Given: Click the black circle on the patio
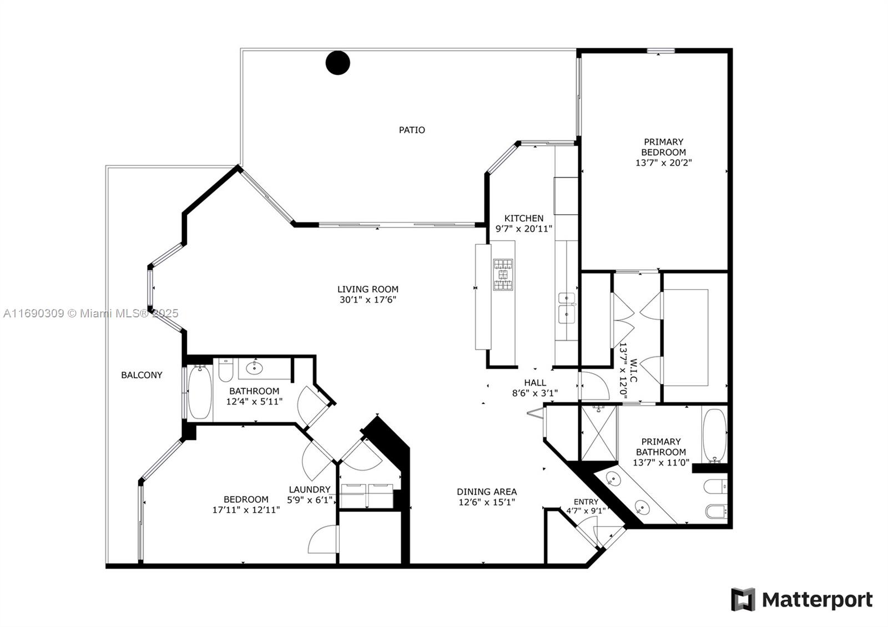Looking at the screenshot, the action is coord(338,63).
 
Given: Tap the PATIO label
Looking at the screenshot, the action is coord(412,130).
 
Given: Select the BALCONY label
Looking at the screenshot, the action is coord(142,375).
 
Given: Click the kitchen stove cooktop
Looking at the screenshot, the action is coord(503,274).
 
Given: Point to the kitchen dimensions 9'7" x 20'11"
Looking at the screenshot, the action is coord(524,229).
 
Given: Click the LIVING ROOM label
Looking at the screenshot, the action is coord(368,289).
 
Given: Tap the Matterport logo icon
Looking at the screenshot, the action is coord(743,599).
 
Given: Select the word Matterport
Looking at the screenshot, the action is coord(818,600).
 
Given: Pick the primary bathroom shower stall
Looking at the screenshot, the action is coord(599,433).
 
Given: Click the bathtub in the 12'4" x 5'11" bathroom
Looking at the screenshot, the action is coord(200,392).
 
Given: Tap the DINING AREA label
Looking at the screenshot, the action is coord(487,492).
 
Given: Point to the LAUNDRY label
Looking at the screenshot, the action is coord(310,489).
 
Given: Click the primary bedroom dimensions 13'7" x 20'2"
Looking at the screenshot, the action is coord(664,163).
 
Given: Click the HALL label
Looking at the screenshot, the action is coord(535,382).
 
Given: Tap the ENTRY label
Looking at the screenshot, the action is coord(586,502).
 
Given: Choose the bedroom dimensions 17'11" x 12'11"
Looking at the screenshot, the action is coord(246,510).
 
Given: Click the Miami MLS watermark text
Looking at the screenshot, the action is coord(91,313).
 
